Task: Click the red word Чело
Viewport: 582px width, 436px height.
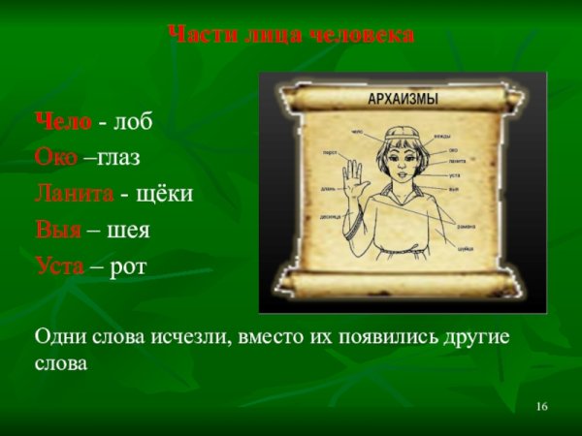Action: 64,123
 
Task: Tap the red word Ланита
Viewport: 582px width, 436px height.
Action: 75,194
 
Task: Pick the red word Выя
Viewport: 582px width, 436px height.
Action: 57,231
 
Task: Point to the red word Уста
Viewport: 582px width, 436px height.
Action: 60,265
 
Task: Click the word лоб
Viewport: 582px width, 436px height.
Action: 133,123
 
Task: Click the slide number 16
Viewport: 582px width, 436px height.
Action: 541,405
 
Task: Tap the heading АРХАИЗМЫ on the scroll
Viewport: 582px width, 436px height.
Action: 403,100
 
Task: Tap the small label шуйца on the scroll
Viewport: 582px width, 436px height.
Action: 466,248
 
